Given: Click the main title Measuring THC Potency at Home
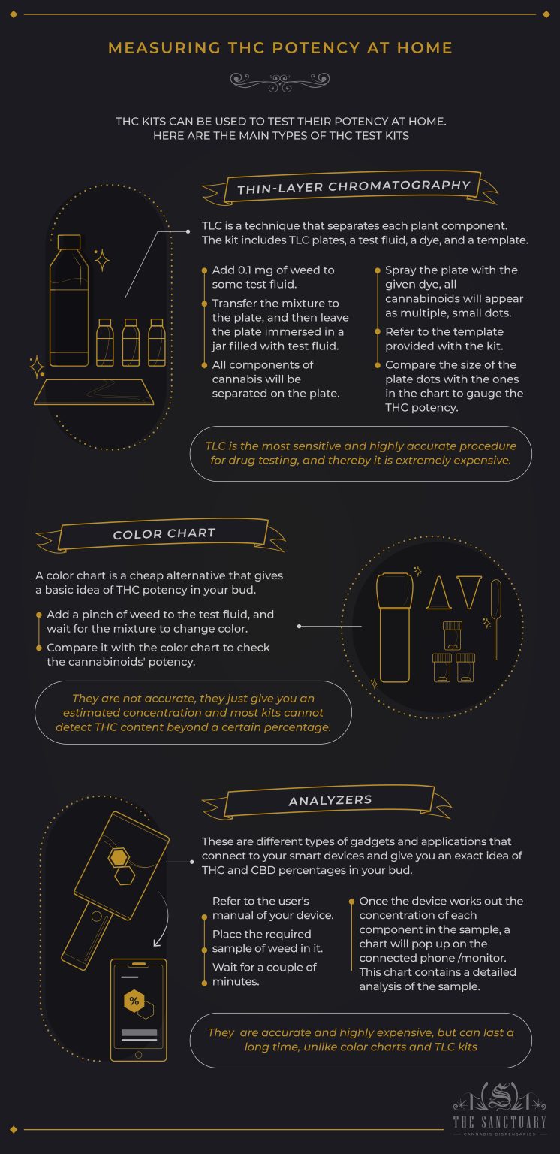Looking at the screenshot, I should click(x=280, y=48).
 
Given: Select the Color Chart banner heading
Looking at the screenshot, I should click(x=164, y=534).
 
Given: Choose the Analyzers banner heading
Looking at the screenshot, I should click(x=330, y=801).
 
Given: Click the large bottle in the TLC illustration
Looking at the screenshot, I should click(x=69, y=301).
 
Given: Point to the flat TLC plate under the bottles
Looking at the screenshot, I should click(x=95, y=391).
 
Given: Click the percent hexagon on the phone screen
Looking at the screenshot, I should click(x=134, y=1001).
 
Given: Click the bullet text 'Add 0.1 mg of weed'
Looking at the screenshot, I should click(x=273, y=277).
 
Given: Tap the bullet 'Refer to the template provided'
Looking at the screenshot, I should click(x=444, y=339).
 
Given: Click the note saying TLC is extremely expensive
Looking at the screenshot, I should click(x=360, y=453).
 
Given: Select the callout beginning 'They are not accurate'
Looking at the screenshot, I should click(x=193, y=712).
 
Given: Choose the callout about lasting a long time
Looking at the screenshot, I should click(x=360, y=1040).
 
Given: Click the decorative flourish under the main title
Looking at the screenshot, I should click(x=280, y=78).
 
